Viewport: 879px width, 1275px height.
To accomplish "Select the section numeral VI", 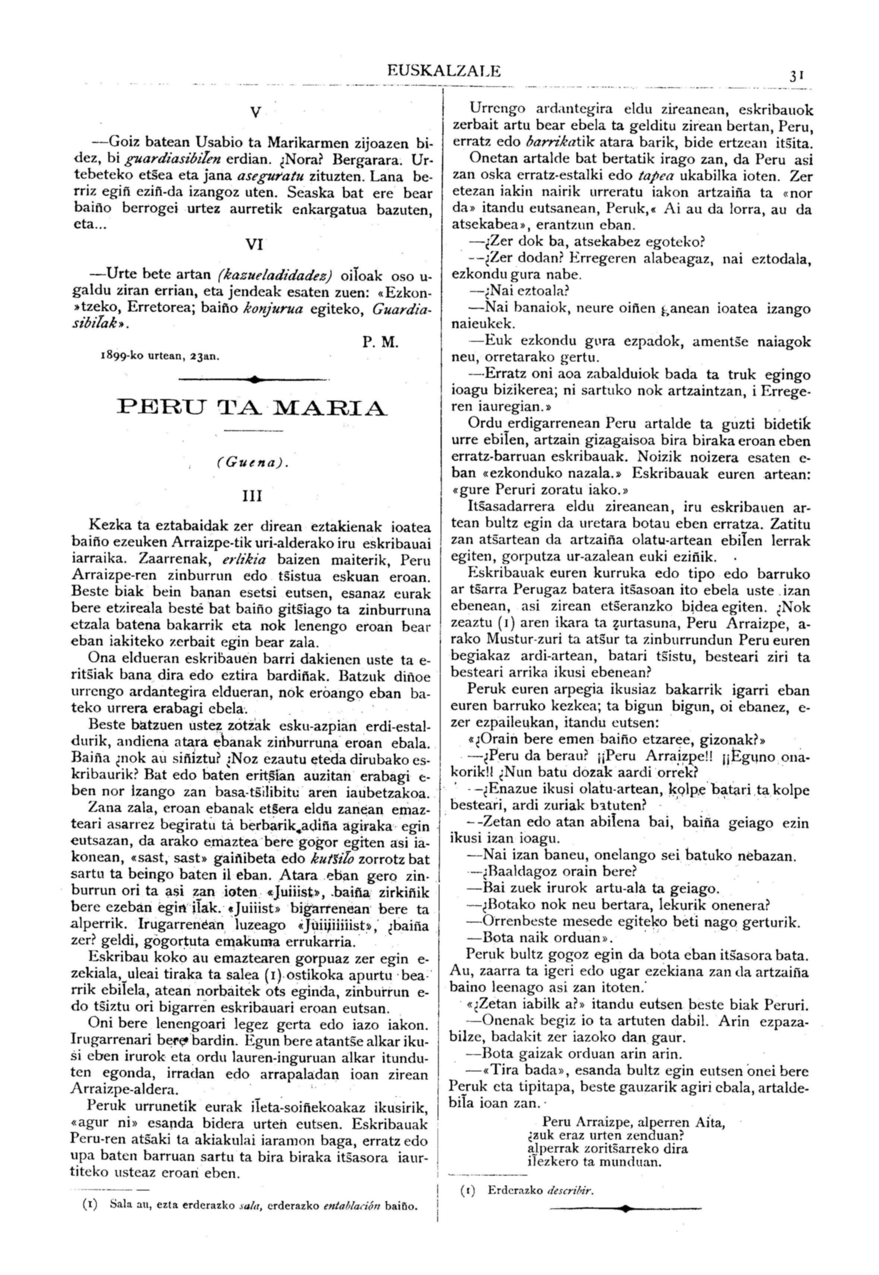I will [253, 245].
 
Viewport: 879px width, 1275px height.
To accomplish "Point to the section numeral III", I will [252, 496].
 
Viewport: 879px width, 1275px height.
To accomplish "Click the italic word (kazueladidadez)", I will [275, 274].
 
